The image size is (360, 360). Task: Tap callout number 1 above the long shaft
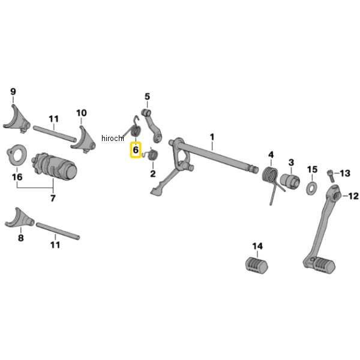click(212, 137)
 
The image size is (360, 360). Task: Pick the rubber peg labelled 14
click(257, 264)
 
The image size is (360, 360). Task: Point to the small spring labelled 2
click(152, 157)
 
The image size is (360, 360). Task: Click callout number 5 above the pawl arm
click(147, 96)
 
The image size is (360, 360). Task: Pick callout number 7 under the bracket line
click(53, 198)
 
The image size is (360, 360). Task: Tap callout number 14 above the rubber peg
click(257, 246)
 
